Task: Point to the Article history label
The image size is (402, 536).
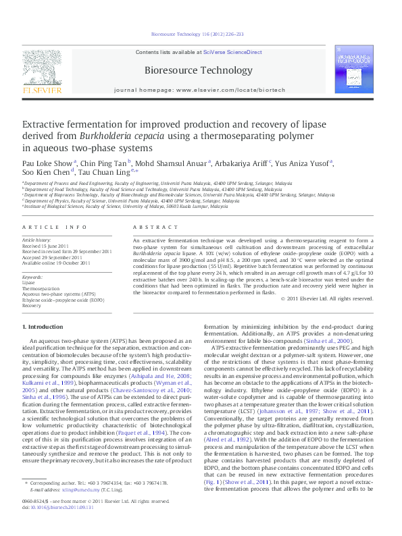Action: click(37, 240)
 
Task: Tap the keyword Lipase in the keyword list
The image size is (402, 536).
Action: click(30, 282)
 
